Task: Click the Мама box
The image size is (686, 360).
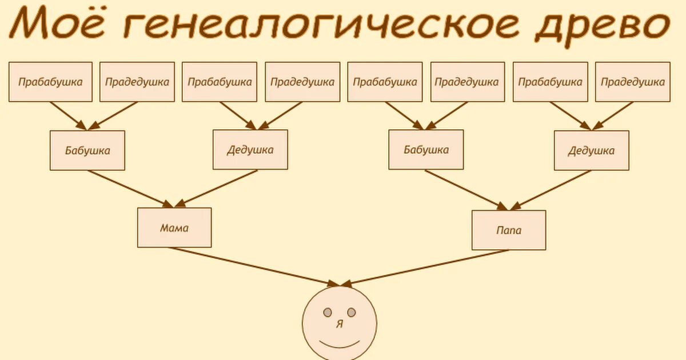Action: coord(174,227)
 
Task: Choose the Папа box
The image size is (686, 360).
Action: coord(509,230)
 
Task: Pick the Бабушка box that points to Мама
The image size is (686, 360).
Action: coord(87,150)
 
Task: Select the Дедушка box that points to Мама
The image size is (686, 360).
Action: coord(250,150)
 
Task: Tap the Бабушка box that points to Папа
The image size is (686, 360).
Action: coord(426,150)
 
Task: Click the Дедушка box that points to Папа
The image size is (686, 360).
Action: coord(591,150)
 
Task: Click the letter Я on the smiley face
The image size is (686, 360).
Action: coord(340,324)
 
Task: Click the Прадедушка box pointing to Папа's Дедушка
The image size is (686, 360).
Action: coord(633,82)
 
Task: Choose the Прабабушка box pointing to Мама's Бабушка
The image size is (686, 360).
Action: coord(50,82)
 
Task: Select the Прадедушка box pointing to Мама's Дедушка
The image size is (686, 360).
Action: coord(302,82)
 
